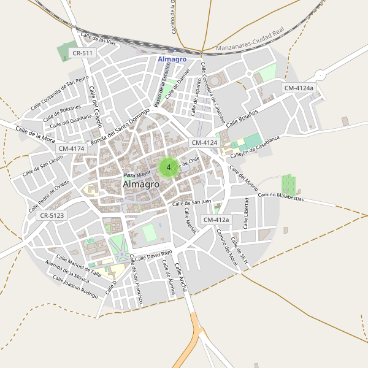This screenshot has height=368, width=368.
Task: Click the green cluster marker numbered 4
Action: point(168,167)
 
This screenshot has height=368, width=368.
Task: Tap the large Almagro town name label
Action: point(141,184)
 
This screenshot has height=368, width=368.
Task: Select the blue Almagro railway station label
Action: point(172,59)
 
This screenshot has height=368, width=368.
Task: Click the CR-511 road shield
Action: point(82,53)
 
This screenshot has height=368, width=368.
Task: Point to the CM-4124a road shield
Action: point(299,88)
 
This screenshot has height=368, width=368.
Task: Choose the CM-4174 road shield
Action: point(72,148)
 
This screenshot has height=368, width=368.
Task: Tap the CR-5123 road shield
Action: point(52,216)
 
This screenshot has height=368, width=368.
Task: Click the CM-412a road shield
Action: point(216,220)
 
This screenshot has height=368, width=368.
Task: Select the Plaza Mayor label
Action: point(136,175)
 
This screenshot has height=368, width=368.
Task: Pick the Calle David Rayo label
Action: point(153,255)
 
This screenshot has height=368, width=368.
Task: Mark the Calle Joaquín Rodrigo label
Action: point(75,286)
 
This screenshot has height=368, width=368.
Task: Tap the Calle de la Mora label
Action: point(35,134)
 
